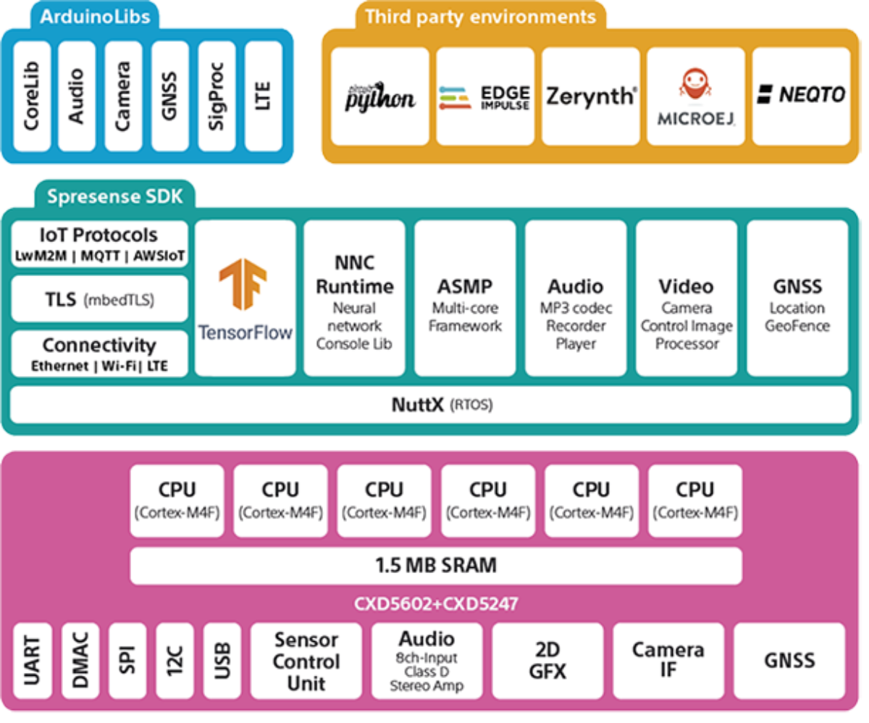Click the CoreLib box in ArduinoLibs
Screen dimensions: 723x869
(x=32, y=96)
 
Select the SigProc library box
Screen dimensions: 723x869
(x=217, y=96)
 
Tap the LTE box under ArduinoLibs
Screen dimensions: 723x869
(x=263, y=96)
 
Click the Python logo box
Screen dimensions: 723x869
(x=379, y=96)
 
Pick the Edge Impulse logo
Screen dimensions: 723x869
(x=484, y=96)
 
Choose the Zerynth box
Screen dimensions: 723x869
(x=590, y=96)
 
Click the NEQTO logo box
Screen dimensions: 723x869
(x=801, y=96)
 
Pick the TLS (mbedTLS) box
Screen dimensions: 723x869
(x=99, y=298)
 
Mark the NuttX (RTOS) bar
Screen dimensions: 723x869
(x=431, y=404)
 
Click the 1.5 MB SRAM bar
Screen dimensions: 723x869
(x=436, y=566)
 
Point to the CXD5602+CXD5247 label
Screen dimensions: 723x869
(x=436, y=603)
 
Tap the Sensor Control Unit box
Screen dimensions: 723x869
(x=306, y=661)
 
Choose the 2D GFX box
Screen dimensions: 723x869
(x=547, y=661)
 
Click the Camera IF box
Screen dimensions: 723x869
(x=668, y=661)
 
